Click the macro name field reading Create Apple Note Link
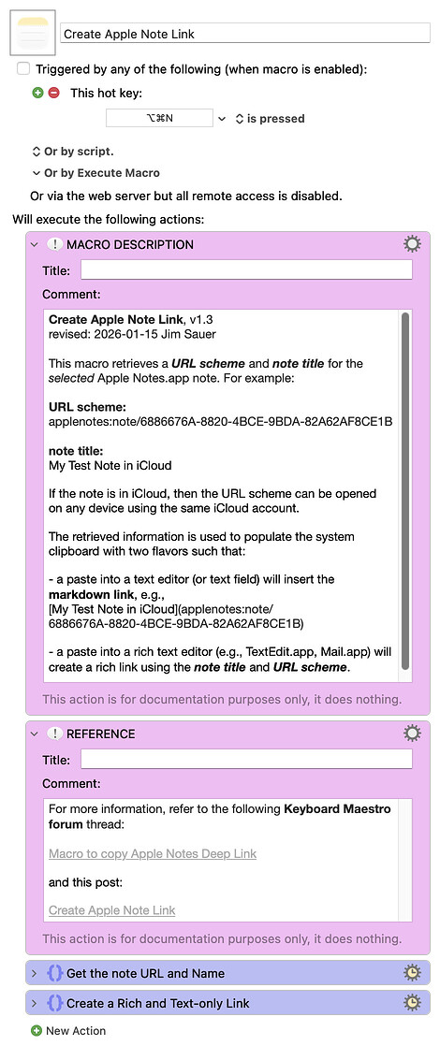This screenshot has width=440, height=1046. pyautogui.click(x=245, y=34)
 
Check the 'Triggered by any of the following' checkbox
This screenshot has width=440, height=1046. pyautogui.click(x=23, y=69)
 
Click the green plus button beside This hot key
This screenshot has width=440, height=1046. pyautogui.click(x=37, y=93)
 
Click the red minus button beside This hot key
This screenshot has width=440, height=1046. pyautogui.click(x=53, y=93)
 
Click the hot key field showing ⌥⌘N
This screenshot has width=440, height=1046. pyautogui.click(x=160, y=119)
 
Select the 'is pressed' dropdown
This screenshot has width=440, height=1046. pyautogui.click(x=270, y=119)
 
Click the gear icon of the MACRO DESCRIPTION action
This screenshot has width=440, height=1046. pyautogui.click(x=412, y=244)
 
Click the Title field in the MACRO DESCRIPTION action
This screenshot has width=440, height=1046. pyautogui.click(x=246, y=270)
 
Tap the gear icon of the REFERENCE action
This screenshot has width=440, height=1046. pyautogui.click(x=412, y=734)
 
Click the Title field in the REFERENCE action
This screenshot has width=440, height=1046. pyautogui.click(x=246, y=759)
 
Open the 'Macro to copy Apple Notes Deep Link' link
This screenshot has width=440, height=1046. pyautogui.click(x=153, y=853)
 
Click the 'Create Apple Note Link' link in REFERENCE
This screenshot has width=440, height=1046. pyautogui.click(x=111, y=910)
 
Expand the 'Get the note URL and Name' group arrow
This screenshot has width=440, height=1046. pyautogui.click(x=35, y=974)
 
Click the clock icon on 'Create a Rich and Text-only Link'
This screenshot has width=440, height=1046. pyautogui.click(x=412, y=1003)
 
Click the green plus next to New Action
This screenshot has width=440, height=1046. pyautogui.click(x=37, y=1031)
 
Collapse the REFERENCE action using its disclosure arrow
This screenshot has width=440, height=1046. pyautogui.click(x=35, y=734)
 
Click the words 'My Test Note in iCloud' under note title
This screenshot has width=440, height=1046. pyautogui.click(x=110, y=465)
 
